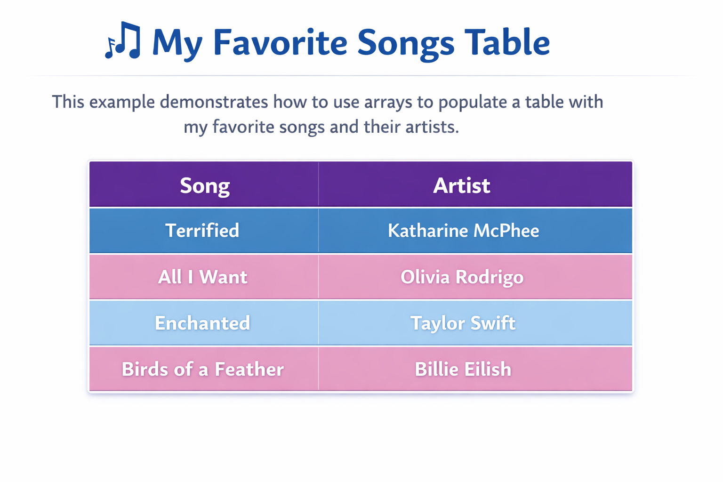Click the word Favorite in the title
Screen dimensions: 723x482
(280, 42)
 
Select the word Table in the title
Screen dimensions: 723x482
(507, 42)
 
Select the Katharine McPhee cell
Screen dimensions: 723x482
(464, 231)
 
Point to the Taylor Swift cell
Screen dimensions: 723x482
(463, 323)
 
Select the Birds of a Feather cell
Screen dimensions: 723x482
(203, 369)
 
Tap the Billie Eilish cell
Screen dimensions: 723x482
(463, 369)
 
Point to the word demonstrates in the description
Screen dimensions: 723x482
(214, 102)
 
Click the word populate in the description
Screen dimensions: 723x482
(473, 103)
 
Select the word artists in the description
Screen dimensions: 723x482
(432, 127)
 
